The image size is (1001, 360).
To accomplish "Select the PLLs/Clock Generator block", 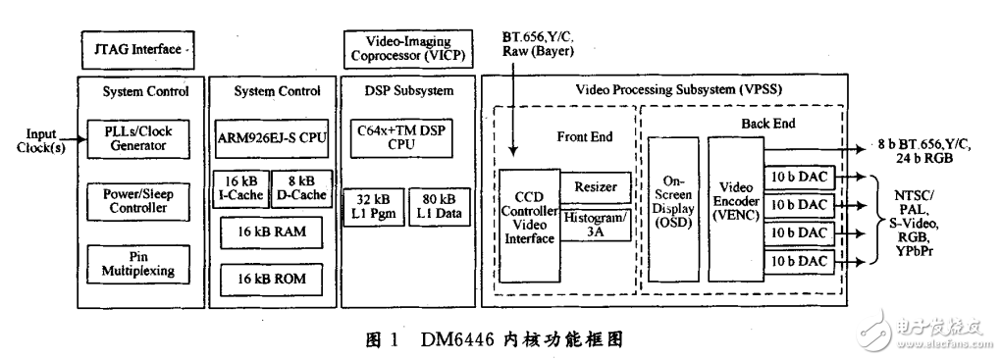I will coord(145,139).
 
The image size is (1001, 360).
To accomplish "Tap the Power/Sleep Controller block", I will coord(145,200).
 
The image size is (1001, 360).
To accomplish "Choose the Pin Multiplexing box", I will coord(145,262).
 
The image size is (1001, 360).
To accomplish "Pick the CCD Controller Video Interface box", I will coord(531,227).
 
